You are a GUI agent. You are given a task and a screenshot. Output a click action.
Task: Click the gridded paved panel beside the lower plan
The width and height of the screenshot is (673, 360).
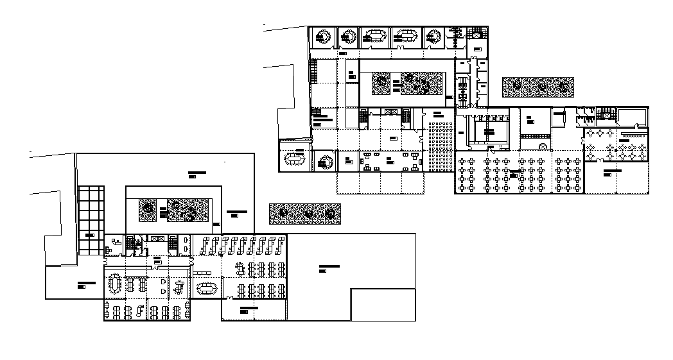(91, 220)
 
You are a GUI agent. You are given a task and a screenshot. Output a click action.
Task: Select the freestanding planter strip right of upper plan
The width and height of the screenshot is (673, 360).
(538, 87)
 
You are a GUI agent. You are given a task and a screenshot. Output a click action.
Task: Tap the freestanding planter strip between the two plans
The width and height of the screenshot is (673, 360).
(305, 214)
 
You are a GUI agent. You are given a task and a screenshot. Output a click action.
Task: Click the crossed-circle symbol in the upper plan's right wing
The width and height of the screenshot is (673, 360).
(543, 147)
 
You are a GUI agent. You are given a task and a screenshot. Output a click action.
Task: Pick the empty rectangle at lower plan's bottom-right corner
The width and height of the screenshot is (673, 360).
(383, 304)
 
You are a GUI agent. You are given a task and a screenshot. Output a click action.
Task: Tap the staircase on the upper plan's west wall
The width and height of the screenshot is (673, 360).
(313, 70)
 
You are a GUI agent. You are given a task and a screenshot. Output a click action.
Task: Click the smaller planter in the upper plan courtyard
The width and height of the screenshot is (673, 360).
(382, 82)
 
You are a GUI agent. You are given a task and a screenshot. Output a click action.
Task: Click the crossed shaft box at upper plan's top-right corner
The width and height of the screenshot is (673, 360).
(476, 33)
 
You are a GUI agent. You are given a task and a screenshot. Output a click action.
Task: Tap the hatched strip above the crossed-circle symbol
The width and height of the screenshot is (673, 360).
(535, 136)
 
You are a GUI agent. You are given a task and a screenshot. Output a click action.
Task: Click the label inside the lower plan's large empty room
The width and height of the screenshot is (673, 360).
(329, 266)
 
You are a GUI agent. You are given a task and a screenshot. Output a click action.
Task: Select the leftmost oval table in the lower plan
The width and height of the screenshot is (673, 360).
(116, 283)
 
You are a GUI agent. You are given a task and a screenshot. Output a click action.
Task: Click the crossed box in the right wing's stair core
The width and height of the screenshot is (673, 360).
(603, 114)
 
